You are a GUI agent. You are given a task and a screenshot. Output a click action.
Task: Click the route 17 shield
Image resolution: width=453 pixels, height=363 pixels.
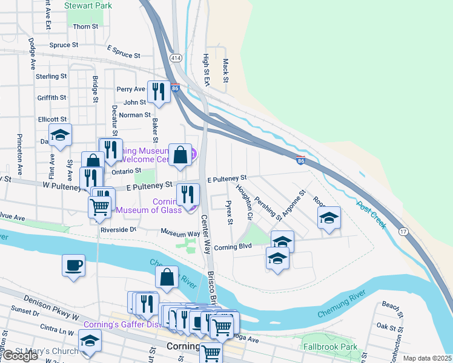click(x=403, y=232)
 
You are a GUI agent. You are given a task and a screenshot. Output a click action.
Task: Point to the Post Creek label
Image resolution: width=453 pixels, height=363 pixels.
click(x=371, y=214)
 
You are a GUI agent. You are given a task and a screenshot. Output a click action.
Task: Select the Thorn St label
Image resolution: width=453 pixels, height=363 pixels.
click(x=85, y=27)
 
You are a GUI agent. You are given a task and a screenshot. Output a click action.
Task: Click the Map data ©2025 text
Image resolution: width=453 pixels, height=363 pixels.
click(x=427, y=358)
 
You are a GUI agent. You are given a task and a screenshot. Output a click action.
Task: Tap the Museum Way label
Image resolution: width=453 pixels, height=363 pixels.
click(x=180, y=233)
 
